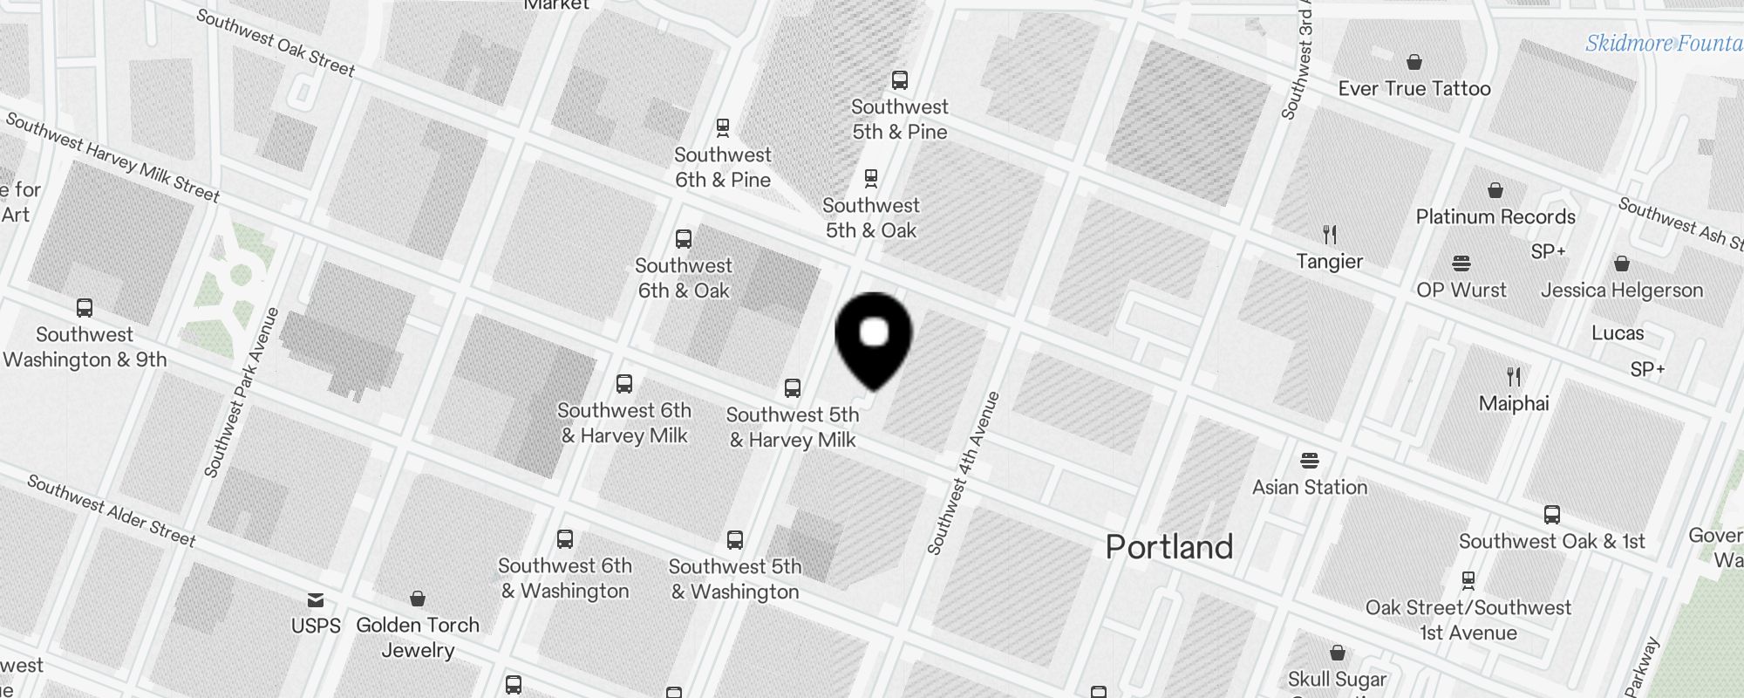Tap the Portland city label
1169,547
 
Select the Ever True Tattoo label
1414,88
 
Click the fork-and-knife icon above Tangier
1330,234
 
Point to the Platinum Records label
1495,216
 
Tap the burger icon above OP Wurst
1461,263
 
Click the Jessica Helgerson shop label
1621,290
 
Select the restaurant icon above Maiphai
1514,377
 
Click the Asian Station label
1310,487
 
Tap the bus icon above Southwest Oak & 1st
1552,515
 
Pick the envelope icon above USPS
316,599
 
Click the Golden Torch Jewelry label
418,637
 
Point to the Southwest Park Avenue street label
242,393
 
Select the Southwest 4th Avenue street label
964,474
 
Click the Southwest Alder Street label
112,510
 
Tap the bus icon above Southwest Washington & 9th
85,308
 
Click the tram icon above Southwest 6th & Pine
723,128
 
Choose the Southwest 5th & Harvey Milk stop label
793,427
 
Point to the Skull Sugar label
1337,679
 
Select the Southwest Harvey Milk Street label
112,157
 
